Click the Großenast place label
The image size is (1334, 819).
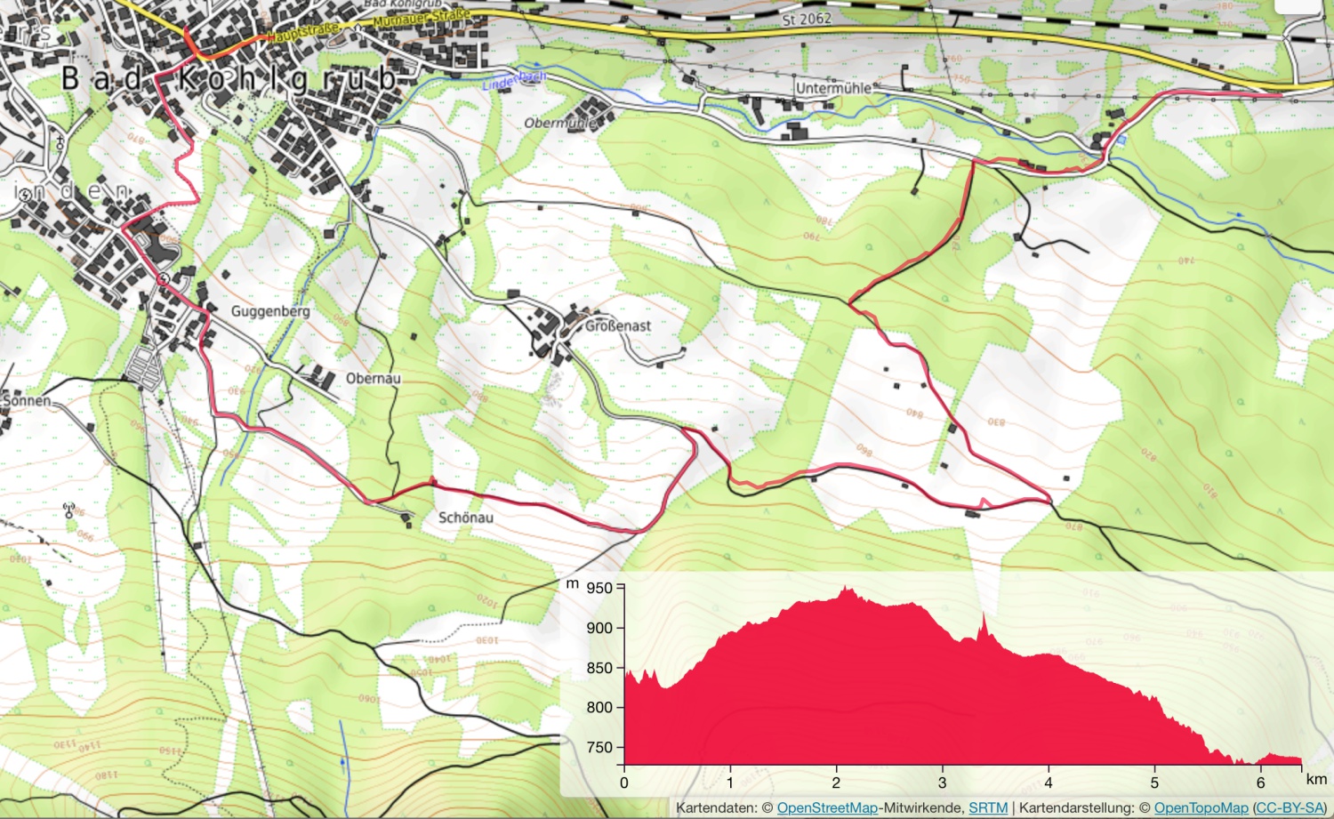coord(618,325)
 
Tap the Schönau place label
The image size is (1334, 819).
coord(465,517)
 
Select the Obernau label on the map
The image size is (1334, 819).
coord(373,378)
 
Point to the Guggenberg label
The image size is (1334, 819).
coord(270,311)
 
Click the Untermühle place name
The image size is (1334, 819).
coord(833,88)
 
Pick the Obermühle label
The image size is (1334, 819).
coord(560,123)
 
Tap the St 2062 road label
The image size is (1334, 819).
coord(807,19)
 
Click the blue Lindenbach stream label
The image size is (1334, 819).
coord(513,81)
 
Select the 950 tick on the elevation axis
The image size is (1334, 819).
coord(599,588)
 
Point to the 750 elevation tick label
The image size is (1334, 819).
coord(599,747)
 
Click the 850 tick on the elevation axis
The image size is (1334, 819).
coord(599,668)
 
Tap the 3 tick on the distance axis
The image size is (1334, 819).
coord(942,783)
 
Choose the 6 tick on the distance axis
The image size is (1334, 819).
coord(1260,783)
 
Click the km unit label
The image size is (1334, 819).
coord(1316,779)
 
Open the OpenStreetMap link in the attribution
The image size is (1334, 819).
coord(827,807)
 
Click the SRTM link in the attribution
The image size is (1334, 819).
coord(988,807)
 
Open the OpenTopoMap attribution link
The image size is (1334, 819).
coord(1201,807)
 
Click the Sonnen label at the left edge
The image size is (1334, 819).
coord(27,400)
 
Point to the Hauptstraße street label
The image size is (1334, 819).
coord(302,34)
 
